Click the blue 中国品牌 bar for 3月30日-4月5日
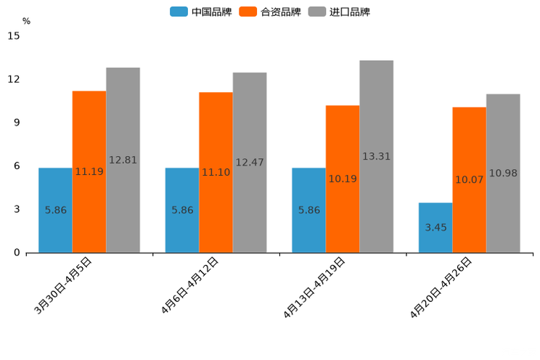55,210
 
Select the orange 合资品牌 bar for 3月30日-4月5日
89,171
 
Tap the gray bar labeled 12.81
123,160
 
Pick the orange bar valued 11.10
216,172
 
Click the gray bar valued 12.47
250,162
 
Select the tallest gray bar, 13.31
376,156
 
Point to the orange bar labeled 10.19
343,179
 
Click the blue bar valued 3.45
435,227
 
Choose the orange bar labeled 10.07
469,179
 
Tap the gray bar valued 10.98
503,173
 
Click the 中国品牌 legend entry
201,12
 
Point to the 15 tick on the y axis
14,36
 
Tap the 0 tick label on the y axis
17,253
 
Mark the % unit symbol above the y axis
26,21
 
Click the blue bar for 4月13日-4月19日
308,210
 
